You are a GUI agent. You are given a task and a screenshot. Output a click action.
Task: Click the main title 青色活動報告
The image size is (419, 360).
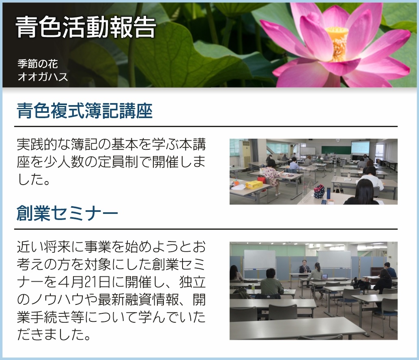[x=86, y=27]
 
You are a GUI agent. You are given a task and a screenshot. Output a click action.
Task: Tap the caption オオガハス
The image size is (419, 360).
[x=43, y=77]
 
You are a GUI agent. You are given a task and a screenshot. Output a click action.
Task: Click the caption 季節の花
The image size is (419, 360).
[x=38, y=64]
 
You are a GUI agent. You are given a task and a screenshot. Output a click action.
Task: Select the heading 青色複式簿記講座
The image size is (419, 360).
[x=84, y=110]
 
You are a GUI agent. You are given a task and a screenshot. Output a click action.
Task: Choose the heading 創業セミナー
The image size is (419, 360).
[x=67, y=213]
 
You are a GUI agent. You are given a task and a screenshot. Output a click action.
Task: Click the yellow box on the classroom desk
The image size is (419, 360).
[x=254, y=185]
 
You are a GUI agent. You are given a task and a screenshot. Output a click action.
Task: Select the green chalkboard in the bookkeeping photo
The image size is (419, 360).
[x=336, y=149]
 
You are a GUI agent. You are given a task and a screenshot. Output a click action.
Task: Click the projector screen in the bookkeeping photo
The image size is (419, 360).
[x=360, y=147]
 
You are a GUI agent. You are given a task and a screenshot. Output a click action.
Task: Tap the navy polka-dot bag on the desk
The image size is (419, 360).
[x=319, y=192]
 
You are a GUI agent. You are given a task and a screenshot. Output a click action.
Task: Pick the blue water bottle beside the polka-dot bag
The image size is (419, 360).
[x=328, y=192]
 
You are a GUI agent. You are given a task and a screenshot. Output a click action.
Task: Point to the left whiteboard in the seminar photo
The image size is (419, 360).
[x=260, y=259]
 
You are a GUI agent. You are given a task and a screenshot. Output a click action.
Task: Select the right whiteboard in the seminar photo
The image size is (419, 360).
[x=334, y=259]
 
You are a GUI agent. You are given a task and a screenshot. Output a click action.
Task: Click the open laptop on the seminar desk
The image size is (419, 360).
[x=324, y=276]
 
